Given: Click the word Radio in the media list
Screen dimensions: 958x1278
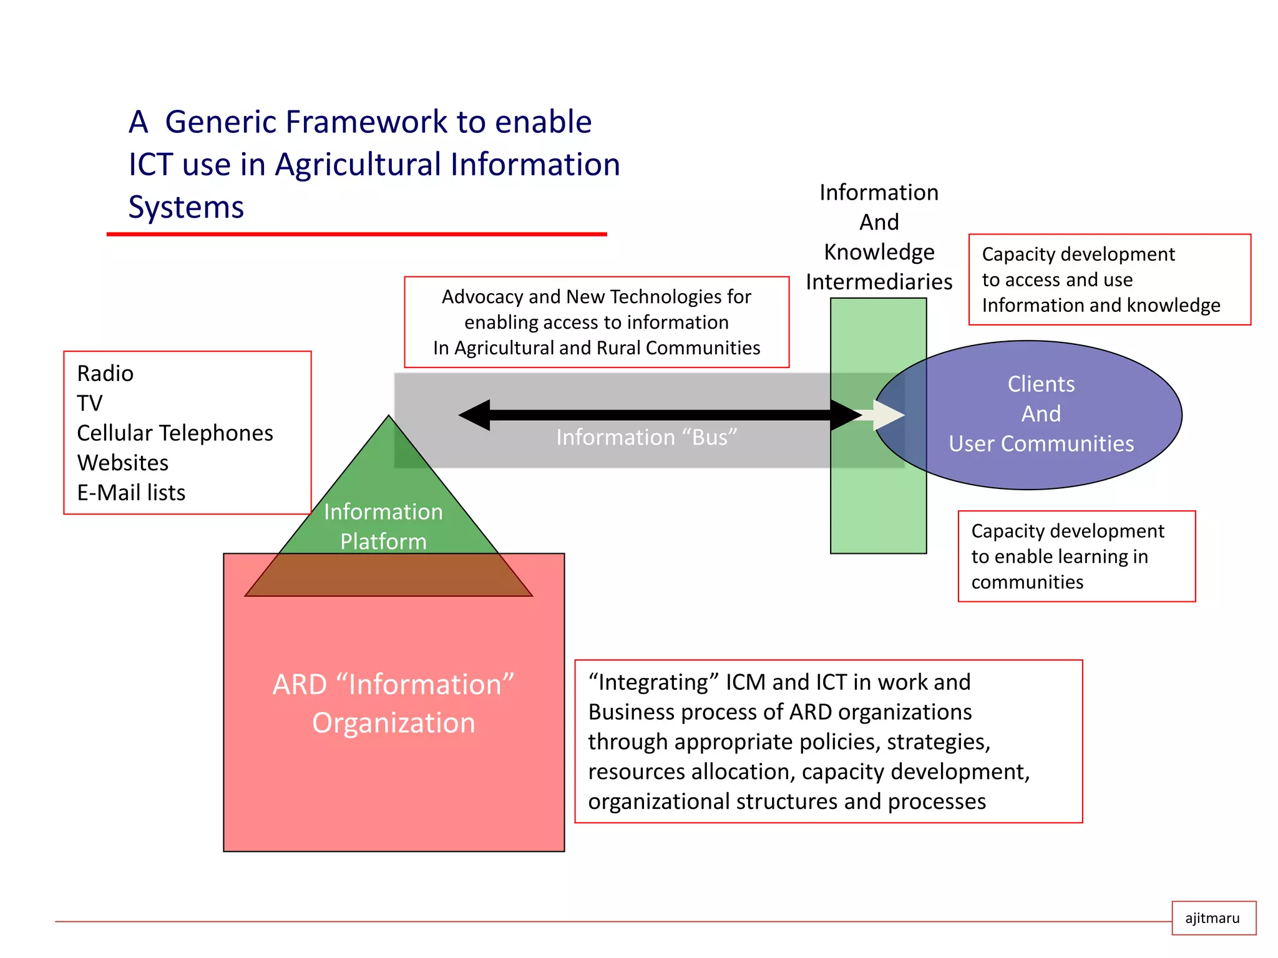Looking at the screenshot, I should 105,374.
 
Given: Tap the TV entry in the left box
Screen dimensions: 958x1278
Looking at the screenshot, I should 89,404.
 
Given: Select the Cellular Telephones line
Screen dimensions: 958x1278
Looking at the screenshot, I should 175,433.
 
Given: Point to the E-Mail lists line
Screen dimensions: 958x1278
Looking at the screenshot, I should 131,493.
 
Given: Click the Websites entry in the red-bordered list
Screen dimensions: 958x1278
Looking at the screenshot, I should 122,463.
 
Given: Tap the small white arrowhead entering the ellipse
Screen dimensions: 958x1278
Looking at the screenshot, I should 888,415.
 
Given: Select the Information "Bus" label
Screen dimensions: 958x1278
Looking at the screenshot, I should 646,437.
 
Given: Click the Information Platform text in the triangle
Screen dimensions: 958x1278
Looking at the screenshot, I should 383,526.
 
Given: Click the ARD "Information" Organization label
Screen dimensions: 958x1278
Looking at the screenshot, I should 394,704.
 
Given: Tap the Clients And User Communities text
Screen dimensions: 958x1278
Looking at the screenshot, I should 1041,414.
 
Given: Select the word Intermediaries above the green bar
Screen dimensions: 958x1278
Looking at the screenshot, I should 879,282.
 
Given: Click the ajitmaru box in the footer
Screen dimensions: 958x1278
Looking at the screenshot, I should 1212,918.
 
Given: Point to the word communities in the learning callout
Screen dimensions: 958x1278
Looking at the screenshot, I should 1027,582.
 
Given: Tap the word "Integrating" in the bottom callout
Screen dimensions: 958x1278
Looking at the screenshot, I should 653,682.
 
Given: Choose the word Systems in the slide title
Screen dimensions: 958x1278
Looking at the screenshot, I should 186,207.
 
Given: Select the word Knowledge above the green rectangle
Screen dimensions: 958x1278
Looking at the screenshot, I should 879,252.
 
